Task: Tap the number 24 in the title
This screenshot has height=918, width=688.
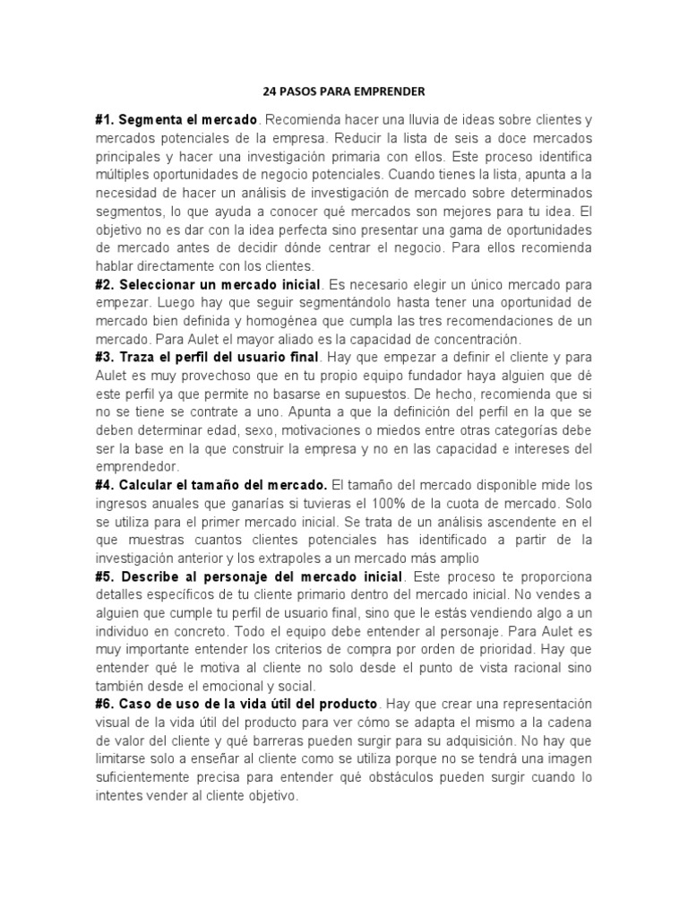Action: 270,91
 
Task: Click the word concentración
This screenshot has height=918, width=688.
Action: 477,339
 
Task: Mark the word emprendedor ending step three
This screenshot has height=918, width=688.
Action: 138,467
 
